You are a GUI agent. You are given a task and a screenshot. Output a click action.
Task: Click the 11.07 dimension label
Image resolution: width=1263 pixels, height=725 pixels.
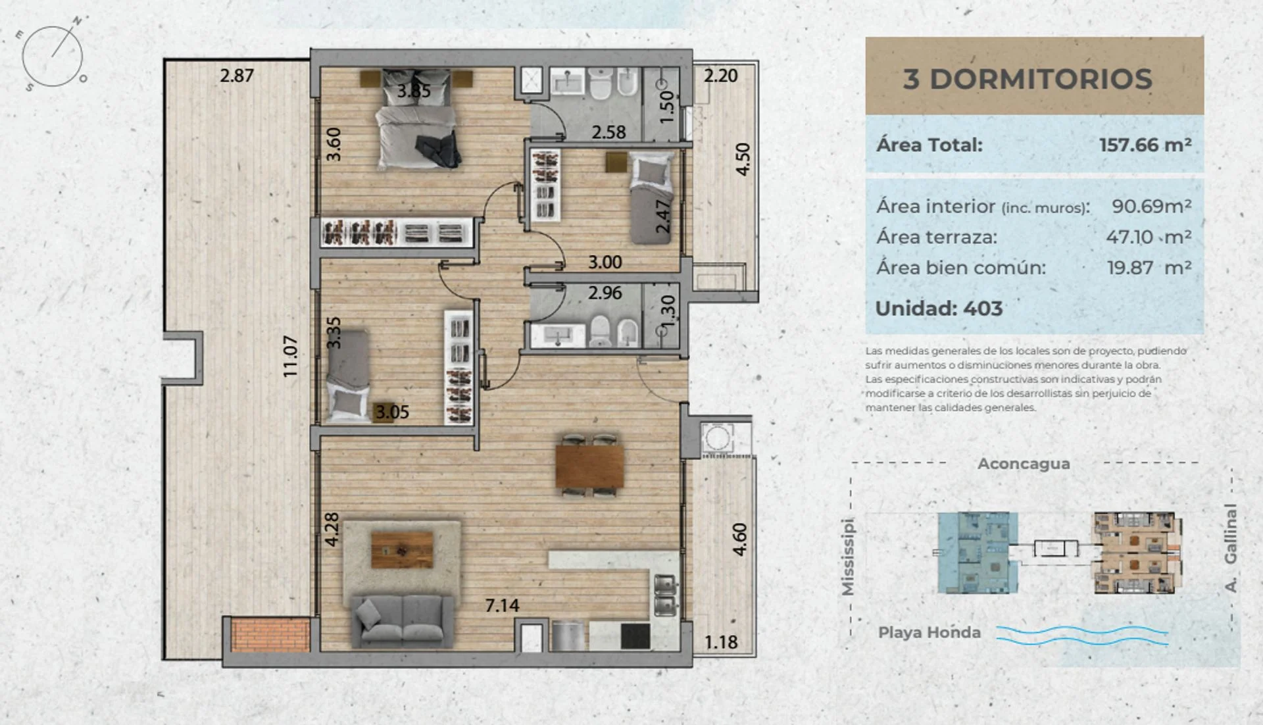pos(290,357)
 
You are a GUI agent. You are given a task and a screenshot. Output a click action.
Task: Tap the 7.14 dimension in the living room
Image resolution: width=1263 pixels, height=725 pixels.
pos(502,605)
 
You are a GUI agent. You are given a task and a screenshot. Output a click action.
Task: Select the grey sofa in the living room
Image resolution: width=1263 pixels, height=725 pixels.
pos(402,621)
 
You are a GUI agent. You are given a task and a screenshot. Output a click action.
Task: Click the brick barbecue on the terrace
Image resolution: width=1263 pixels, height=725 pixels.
pos(270,634)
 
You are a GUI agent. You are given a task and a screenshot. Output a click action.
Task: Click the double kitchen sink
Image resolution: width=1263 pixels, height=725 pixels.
pos(664,595)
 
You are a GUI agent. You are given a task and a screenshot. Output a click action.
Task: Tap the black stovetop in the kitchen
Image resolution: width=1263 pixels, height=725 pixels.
pos(635,636)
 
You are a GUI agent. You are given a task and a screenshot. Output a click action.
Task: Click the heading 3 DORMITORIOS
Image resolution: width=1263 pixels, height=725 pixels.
pos(1028,79)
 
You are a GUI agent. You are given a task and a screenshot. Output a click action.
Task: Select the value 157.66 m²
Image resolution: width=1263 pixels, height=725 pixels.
pos(1145,145)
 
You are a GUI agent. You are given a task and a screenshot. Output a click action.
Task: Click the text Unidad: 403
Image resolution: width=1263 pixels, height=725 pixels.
pos(939,309)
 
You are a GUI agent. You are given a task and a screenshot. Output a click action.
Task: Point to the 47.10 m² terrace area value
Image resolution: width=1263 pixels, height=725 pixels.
pos(1149,237)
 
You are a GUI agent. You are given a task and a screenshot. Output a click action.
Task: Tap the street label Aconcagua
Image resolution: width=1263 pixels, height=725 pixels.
pos(1024,464)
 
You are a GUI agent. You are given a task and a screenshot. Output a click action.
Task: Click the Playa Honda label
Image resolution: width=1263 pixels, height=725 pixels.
pos(929,632)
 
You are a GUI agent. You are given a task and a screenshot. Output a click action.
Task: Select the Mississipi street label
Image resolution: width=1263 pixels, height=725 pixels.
pos(848,557)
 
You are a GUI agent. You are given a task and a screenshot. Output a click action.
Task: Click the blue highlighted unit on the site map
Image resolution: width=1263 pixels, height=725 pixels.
pos(978,553)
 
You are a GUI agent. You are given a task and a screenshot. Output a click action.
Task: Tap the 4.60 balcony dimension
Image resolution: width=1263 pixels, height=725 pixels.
pos(740,539)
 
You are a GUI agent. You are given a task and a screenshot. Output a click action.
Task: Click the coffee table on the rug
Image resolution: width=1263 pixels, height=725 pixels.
pos(402,550)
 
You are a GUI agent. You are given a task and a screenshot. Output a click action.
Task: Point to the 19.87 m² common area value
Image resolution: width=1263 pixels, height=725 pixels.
pos(1149,268)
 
